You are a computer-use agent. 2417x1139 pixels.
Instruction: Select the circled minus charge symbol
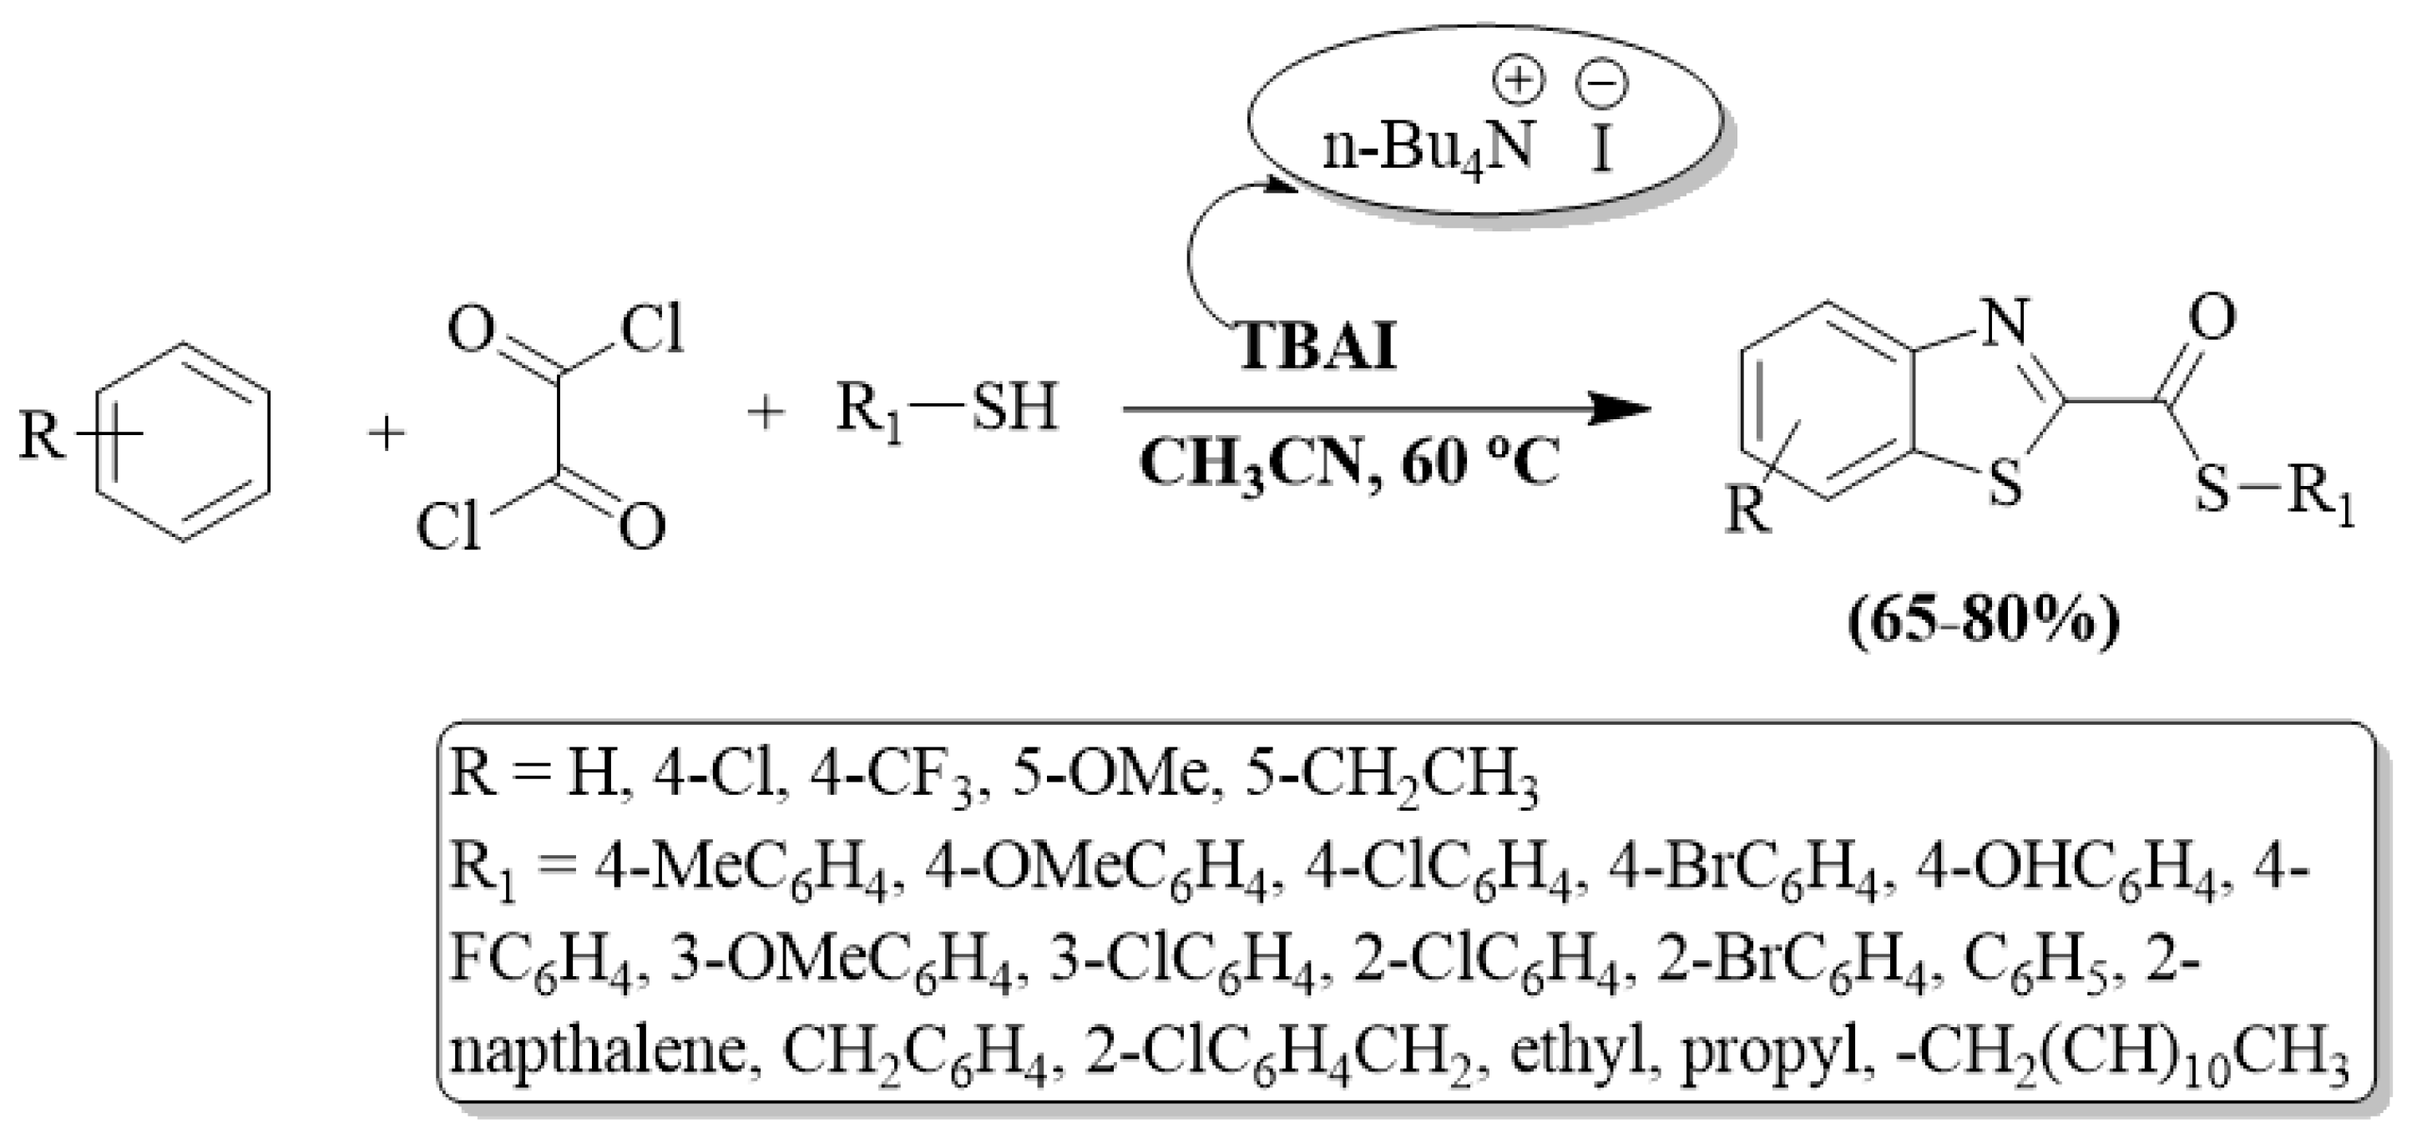[1603, 84]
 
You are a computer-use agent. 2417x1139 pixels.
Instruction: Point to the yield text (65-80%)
[1983, 620]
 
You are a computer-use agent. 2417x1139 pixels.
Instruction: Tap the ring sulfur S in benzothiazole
[2005, 486]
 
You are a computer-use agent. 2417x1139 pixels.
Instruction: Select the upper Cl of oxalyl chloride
[653, 330]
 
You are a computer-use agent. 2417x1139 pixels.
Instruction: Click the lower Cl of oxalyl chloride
[448, 529]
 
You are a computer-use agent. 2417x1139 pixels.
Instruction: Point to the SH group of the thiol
[1014, 409]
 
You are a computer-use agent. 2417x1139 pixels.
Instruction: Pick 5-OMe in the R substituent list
[1108, 777]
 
